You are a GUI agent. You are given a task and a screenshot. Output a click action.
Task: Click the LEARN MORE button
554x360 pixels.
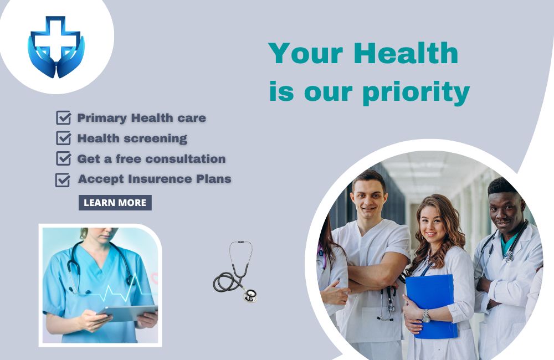tap(115, 203)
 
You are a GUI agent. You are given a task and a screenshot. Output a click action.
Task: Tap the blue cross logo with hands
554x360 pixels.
tap(56, 47)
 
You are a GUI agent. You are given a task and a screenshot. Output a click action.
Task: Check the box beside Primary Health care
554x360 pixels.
tap(64, 117)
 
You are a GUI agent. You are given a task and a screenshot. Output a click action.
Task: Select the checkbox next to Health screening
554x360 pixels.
tap(64, 138)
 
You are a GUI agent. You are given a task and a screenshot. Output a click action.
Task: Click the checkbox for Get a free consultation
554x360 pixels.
tap(64, 158)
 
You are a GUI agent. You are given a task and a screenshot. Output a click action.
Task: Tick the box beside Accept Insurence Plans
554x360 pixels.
tap(63, 179)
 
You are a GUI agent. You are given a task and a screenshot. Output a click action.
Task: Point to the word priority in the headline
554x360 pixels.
tap(416, 92)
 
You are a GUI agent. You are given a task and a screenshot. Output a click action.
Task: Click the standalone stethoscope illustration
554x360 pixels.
tap(235, 272)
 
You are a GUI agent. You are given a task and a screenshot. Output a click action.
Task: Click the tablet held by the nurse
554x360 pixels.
tap(128, 313)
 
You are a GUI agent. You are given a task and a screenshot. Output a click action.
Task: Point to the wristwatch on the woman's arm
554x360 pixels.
tap(426, 316)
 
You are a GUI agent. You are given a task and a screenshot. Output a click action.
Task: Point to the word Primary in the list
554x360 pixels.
tap(102, 118)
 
